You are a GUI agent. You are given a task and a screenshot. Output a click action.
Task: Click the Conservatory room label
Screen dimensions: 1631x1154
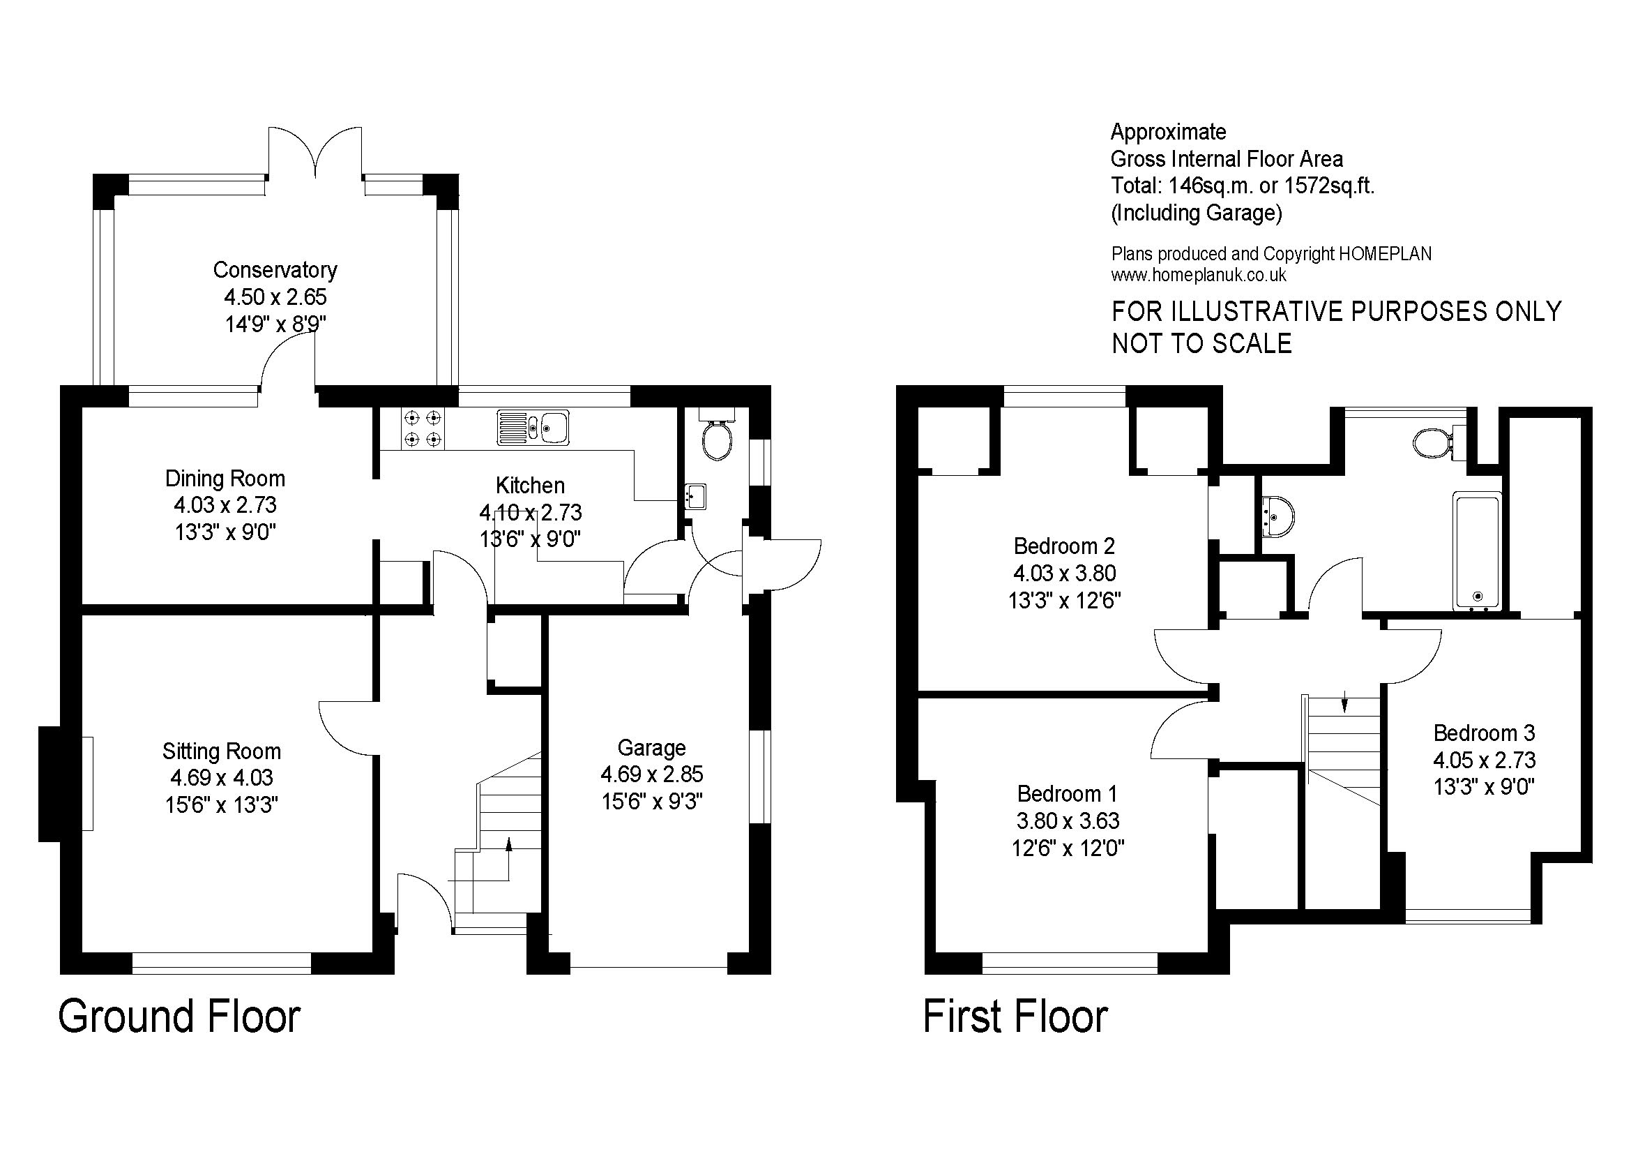[x=275, y=270]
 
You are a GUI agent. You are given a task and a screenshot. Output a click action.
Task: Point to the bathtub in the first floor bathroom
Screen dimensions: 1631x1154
[x=1478, y=551]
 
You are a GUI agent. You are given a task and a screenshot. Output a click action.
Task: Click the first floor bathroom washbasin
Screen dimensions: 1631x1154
[x=1278, y=515]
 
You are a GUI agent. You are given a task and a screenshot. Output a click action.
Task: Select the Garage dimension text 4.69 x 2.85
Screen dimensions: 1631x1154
[x=651, y=774]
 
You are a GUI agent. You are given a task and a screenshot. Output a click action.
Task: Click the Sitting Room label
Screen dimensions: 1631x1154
[x=222, y=751]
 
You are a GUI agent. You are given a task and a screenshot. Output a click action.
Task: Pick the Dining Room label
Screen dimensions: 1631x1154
[x=225, y=478]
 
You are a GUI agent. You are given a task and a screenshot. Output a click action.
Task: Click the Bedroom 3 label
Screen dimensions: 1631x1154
[x=1484, y=733]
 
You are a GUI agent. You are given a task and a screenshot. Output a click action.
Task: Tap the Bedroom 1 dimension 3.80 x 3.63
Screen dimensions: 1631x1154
[x=1068, y=821]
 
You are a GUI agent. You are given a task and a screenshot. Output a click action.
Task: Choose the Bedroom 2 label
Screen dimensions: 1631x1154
[x=1064, y=546]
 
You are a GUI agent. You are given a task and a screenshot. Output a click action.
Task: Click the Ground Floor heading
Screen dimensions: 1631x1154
[x=179, y=1017]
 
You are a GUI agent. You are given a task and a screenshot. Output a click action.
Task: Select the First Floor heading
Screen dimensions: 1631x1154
[x=1015, y=1017]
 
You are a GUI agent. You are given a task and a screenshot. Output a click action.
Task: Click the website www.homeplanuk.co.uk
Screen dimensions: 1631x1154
[x=1199, y=276]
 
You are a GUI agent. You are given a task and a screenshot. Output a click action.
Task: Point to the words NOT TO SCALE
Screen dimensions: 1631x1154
[x=1201, y=344]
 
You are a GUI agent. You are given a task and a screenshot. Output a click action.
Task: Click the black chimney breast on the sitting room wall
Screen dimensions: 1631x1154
[x=50, y=784]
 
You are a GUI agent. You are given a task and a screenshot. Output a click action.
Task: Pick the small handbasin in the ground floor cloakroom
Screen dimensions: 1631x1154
[x=695, y=497]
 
